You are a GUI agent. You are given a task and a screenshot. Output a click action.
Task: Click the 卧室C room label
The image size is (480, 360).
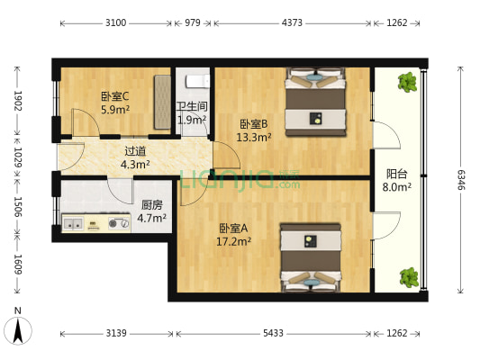click(114, 97)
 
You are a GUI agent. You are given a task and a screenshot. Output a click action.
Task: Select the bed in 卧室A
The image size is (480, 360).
click(311, 256)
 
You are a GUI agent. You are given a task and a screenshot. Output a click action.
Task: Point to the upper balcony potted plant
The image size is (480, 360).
click(408, 83)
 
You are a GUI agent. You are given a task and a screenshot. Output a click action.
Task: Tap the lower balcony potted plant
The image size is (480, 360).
click(409, 275)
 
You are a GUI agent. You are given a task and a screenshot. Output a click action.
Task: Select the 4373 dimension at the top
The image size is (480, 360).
click(292, 24)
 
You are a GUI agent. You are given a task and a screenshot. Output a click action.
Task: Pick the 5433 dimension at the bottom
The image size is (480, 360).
click(273, 333)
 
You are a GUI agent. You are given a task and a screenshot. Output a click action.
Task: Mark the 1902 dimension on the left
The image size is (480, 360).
click(17, 99)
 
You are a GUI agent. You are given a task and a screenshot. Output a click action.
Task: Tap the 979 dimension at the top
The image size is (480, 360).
click(192, 24)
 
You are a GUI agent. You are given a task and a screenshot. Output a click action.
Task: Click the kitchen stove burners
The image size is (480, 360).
click(115, 223)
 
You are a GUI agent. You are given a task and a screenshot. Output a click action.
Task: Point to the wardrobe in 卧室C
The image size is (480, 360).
click(162, 94)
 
